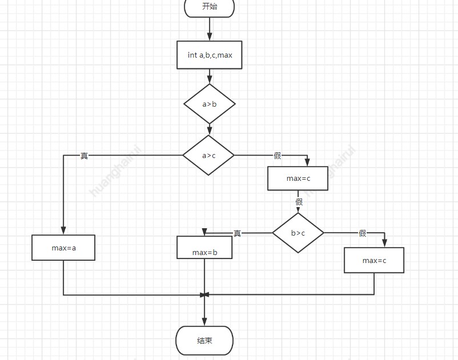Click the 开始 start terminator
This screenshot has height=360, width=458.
click(210, 7)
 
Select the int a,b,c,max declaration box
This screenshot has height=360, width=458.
click(210, 55)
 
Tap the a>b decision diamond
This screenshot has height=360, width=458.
click(210, 104)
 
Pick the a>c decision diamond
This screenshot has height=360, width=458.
click(208, 155)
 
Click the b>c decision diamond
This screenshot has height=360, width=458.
click(298, 233)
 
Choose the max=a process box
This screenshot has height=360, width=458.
click(63, 248)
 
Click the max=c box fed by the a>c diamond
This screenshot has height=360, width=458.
click(298, 179)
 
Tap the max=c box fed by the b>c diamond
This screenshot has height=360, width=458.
click(374, 260)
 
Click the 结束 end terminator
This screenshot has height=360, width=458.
click(204, 341)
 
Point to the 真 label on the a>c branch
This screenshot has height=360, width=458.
click(85, 156)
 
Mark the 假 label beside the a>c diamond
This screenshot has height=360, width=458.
click(278, 156)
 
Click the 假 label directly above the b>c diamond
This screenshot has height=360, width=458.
click(299, 202)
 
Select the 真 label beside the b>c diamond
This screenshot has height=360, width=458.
click(238, 233)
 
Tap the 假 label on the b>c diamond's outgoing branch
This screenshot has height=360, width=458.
click(362, 233)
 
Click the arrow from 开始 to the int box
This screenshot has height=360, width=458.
click(210, 29)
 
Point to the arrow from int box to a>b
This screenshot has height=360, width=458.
click(210, 76)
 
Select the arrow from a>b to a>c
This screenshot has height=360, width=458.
click(210, 130)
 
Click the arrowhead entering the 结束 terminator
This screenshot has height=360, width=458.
click(204, 322)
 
